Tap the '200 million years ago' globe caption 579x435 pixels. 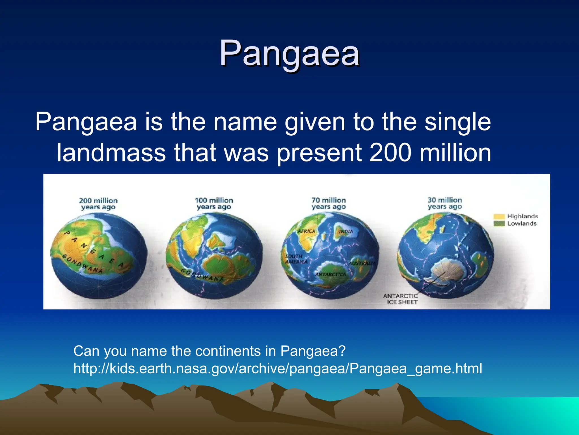(98, 204)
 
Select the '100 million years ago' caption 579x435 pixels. (214, 204)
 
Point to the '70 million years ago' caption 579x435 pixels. (329, 203)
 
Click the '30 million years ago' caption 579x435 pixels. (444, 203)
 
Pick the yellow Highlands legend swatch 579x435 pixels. (499, 217)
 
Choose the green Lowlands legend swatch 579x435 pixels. (499, 224)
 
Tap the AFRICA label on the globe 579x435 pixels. (306, 231)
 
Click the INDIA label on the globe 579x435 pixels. (346, 232)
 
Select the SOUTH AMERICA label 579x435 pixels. (296, 259)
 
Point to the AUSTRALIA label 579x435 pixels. (362, 263)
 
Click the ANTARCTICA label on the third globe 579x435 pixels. (330, 274)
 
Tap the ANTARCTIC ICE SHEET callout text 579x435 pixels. (401, 299)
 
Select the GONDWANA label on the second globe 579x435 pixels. (202, 275)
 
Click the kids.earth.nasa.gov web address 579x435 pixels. (278, 368)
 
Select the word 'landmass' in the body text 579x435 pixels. (111, 153)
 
